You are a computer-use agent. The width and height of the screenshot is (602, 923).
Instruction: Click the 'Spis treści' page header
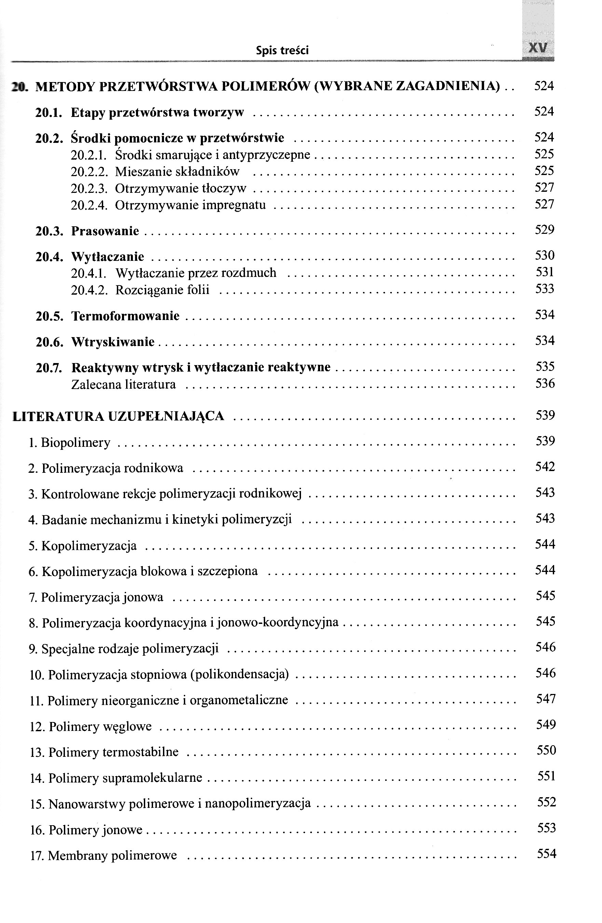282,50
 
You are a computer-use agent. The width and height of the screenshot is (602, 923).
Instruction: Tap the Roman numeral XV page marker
538,49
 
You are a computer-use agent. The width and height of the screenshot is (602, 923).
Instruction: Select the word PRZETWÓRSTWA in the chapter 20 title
159,86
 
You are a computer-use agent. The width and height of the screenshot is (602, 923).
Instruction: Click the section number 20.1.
49,112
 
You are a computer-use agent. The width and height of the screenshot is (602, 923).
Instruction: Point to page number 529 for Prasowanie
544,230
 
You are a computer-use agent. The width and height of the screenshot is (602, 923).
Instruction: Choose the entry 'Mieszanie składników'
177,171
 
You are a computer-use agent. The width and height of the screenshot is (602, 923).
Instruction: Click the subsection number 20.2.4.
89,205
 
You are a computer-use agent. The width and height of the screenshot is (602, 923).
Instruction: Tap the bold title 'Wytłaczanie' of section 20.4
107,257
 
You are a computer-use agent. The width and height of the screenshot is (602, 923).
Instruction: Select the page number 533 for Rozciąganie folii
545,289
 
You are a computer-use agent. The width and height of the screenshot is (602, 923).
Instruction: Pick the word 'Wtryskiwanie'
113,342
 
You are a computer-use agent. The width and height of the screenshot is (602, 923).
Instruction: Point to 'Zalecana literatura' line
123,385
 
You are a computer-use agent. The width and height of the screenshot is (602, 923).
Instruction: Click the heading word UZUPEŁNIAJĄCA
166,416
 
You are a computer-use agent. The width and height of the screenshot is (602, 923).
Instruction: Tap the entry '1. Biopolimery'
70,442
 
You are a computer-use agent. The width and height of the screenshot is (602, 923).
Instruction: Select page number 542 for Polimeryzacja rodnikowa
545,467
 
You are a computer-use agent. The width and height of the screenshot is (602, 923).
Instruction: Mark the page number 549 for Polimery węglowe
546,724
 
